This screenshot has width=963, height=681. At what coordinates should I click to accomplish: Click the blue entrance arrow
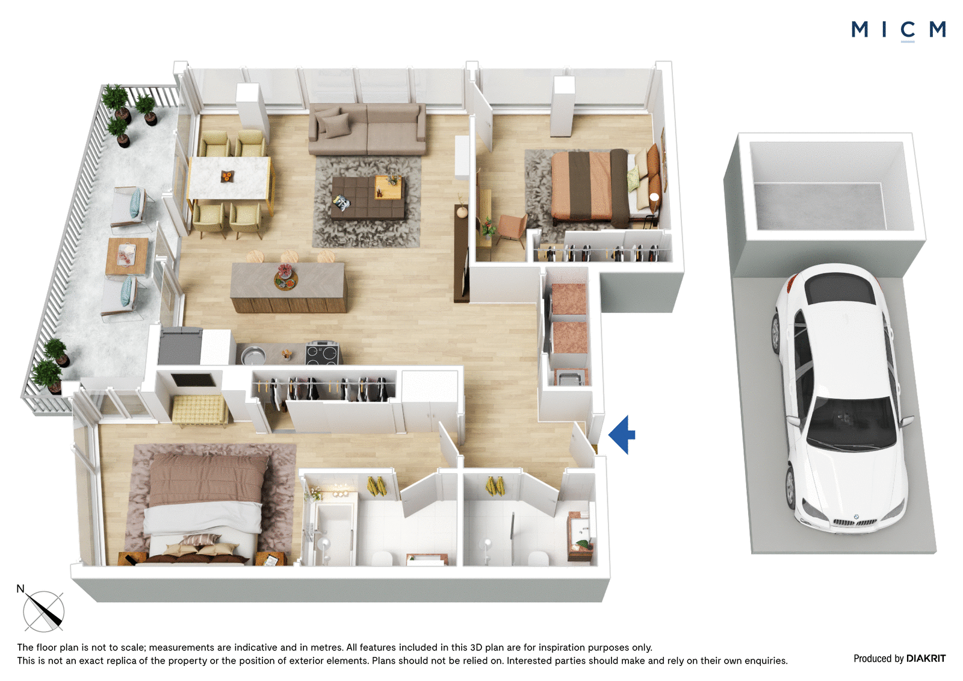click(x=622, y=435)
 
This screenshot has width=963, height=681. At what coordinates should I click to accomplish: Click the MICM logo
click(x=898, y=31)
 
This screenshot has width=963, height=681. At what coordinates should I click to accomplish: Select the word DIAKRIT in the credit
click(x=926, y=659)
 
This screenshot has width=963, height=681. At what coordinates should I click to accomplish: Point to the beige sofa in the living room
click(x=367, y=128)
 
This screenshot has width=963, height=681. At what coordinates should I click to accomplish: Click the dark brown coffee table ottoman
click(x=368, y=197)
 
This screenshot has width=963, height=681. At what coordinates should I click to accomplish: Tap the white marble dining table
click(x=229, y=178)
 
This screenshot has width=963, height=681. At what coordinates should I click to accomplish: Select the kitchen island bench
click(x=288, y=287)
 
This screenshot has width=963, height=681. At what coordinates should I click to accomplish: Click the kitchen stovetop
click(x=322, y=353)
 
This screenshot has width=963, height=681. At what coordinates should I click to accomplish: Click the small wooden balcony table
click(x=127, y=256)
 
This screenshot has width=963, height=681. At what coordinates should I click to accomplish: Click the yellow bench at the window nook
click(x=200, y=410)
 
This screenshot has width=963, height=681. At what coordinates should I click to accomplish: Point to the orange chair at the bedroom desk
click(x=512, y=229)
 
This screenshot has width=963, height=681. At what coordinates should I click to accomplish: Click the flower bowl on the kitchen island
click(x=286, y=278)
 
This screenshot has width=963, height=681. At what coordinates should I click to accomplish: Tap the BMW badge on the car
click(x=855, y=517)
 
